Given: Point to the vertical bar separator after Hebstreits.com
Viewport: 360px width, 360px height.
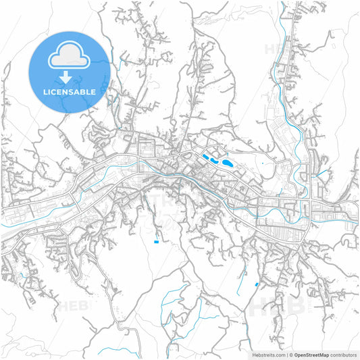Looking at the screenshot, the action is pos(285,354).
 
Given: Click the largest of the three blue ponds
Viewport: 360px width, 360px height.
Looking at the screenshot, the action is pos(228,163).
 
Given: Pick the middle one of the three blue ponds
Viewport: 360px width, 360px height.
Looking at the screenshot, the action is pos(214,161).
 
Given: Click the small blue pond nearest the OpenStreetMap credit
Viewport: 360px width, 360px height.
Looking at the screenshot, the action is pos(257,284).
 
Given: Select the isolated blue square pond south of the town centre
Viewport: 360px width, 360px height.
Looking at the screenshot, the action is pos(156,241).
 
